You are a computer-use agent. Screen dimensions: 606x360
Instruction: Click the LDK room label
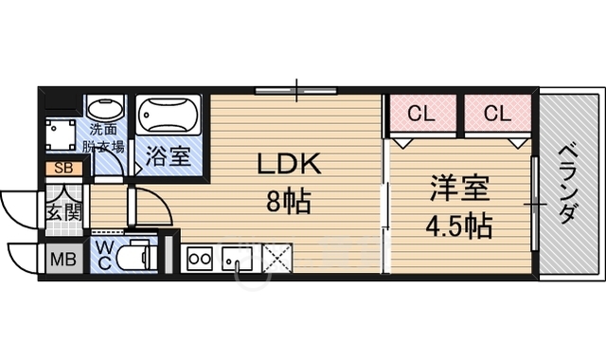290,164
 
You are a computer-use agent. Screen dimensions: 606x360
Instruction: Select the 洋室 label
460,189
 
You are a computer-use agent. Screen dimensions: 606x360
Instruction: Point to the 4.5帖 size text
458,225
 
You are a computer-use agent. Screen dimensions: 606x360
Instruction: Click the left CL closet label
421,114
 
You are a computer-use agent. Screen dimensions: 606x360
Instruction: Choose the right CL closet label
497,114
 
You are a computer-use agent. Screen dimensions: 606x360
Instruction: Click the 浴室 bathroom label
169,156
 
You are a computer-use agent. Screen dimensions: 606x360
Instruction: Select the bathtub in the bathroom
169,115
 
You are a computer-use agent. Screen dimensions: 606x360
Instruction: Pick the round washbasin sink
105,107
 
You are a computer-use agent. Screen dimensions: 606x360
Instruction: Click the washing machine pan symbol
61,135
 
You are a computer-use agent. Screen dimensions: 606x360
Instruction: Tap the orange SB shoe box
63,169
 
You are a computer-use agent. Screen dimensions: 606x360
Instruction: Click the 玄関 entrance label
64,211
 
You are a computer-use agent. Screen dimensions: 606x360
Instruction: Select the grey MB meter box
63,259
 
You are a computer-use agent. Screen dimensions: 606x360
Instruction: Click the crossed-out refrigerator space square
277,258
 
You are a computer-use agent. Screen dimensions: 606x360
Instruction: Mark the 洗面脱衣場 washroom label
103,138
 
